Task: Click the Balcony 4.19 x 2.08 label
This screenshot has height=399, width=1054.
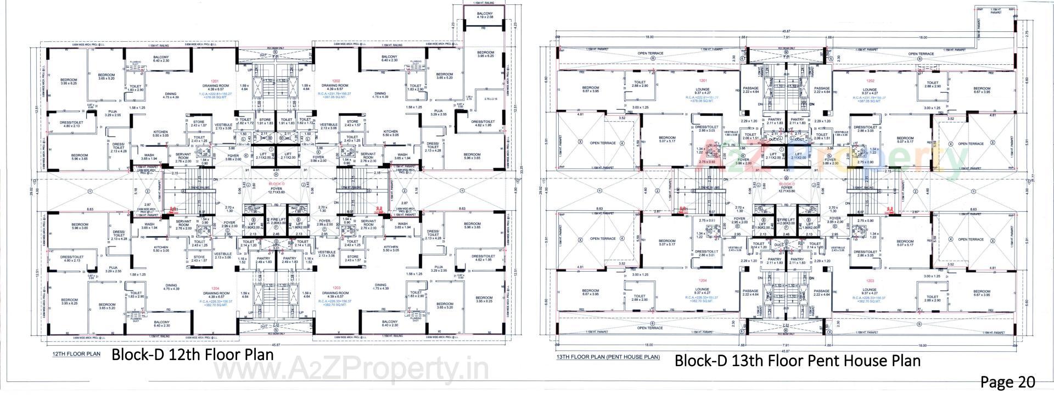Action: (x=485, y=15)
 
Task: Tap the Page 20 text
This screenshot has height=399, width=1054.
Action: (x=1007, y=382)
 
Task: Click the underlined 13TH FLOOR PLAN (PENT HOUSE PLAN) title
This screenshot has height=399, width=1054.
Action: (x=608, y=357)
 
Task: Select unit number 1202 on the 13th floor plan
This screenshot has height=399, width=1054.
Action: (x=869, y=81)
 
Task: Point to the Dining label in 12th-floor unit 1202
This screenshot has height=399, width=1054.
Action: (x=380, y=93)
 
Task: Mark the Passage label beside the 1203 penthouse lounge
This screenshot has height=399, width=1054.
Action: (x=822, y=291)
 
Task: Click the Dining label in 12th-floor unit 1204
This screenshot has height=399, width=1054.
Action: (x=171, y=286)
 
